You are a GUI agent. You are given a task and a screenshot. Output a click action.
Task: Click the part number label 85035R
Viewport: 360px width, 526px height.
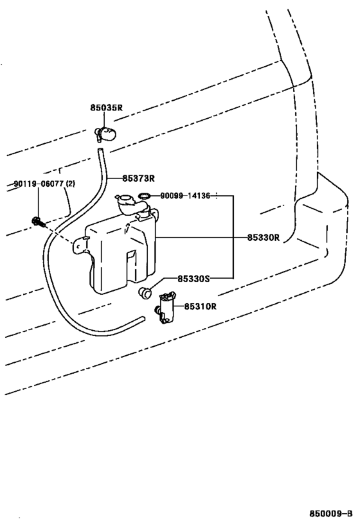106,108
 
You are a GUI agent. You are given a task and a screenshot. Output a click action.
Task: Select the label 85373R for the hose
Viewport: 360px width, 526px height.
138,178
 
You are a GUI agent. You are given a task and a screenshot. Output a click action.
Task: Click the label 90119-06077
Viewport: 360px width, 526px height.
39,184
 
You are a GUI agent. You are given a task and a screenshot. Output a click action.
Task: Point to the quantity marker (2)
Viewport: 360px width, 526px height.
71,184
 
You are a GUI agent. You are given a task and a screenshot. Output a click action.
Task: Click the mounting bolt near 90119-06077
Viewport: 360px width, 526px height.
38,222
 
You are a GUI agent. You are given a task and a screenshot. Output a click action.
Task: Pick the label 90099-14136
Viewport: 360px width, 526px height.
185,196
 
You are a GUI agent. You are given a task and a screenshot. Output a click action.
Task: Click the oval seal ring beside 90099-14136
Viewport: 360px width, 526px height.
145,195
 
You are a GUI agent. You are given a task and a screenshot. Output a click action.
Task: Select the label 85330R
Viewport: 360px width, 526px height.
264,238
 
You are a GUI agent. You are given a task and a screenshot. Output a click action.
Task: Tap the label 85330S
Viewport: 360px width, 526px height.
194,279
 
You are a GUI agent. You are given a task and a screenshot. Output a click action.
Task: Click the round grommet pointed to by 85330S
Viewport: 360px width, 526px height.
145,293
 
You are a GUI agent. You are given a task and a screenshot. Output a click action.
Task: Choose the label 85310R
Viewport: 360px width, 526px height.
200,306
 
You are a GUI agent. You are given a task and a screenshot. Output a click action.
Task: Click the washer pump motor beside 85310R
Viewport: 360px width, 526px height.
166,308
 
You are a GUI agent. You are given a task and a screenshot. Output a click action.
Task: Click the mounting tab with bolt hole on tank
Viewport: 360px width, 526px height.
80,245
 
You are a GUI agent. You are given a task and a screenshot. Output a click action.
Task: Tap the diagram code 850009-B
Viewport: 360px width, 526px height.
331,514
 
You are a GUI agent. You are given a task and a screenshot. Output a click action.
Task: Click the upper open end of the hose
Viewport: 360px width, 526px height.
100,151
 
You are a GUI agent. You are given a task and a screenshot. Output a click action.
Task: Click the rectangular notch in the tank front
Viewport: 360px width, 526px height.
130,266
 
